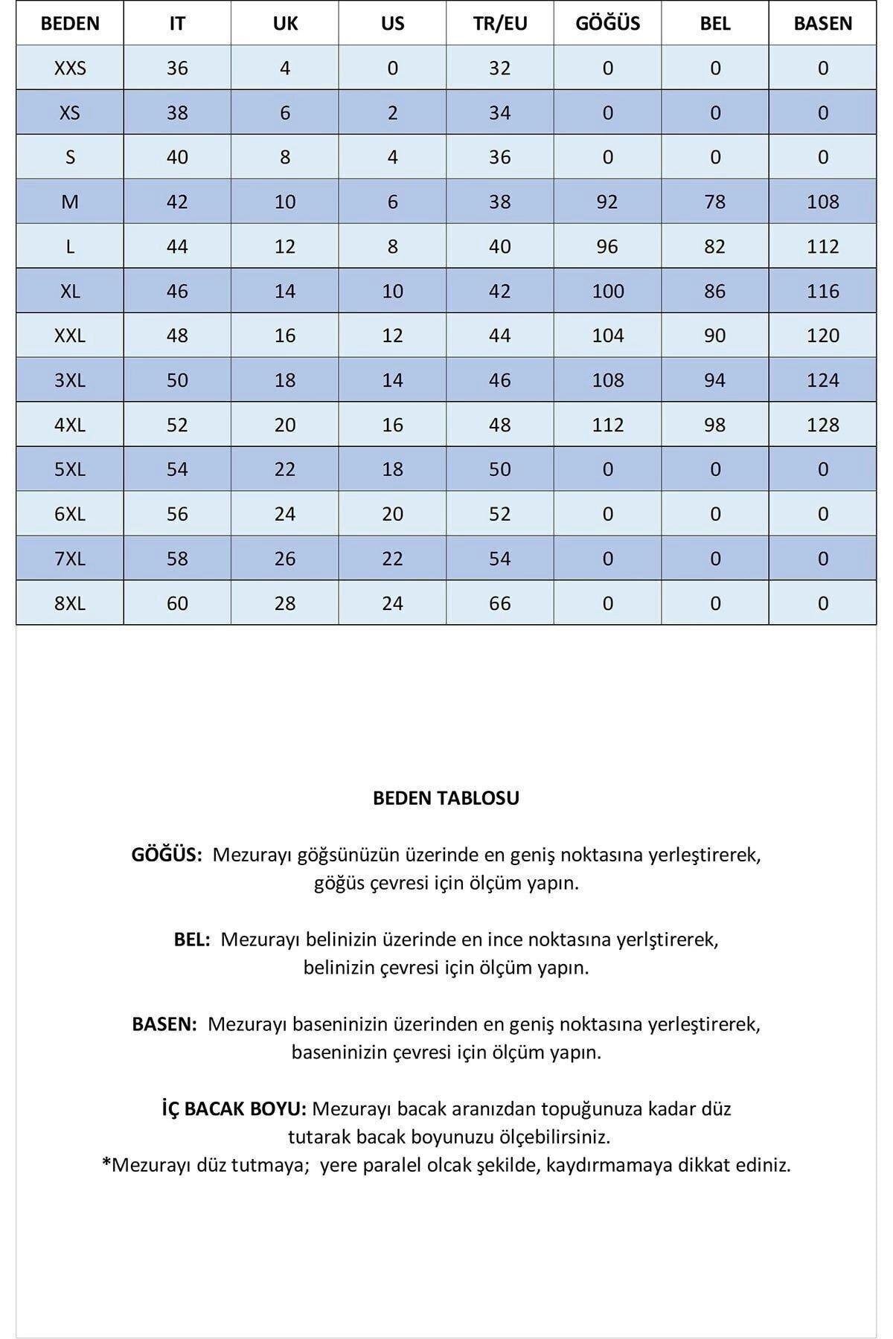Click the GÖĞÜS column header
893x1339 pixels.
(x=607, y=23)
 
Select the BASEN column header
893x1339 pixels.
(x=822, y=23)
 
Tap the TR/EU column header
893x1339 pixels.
(x=500, y=23)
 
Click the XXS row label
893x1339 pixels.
(x=70, y=68)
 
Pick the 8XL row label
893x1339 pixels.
(x=70, y=603)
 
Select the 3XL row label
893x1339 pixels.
(x=70, y=380)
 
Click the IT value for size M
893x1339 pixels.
(x=177, y=202)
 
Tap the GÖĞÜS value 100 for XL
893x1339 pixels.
(x=607, y=291)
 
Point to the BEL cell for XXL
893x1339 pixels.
(x=714, y=335)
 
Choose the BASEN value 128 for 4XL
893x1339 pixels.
(x=822, y=425)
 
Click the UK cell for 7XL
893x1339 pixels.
(x=285, y=559)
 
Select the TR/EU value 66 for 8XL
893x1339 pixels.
(x=500, y=603)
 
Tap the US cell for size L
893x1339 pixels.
(x=392, y=246)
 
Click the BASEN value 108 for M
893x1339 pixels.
(x=822, y=202)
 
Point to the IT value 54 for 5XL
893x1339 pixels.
(x=177, y=469)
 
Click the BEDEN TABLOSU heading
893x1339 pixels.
(x=446, y=798)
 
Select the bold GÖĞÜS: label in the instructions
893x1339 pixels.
(x=167, y=855)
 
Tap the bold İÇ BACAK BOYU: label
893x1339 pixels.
(x=234, y=1109)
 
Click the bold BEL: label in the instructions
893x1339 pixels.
(x=192, y=940)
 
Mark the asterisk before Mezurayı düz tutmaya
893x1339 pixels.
(x=106, y=1163)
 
